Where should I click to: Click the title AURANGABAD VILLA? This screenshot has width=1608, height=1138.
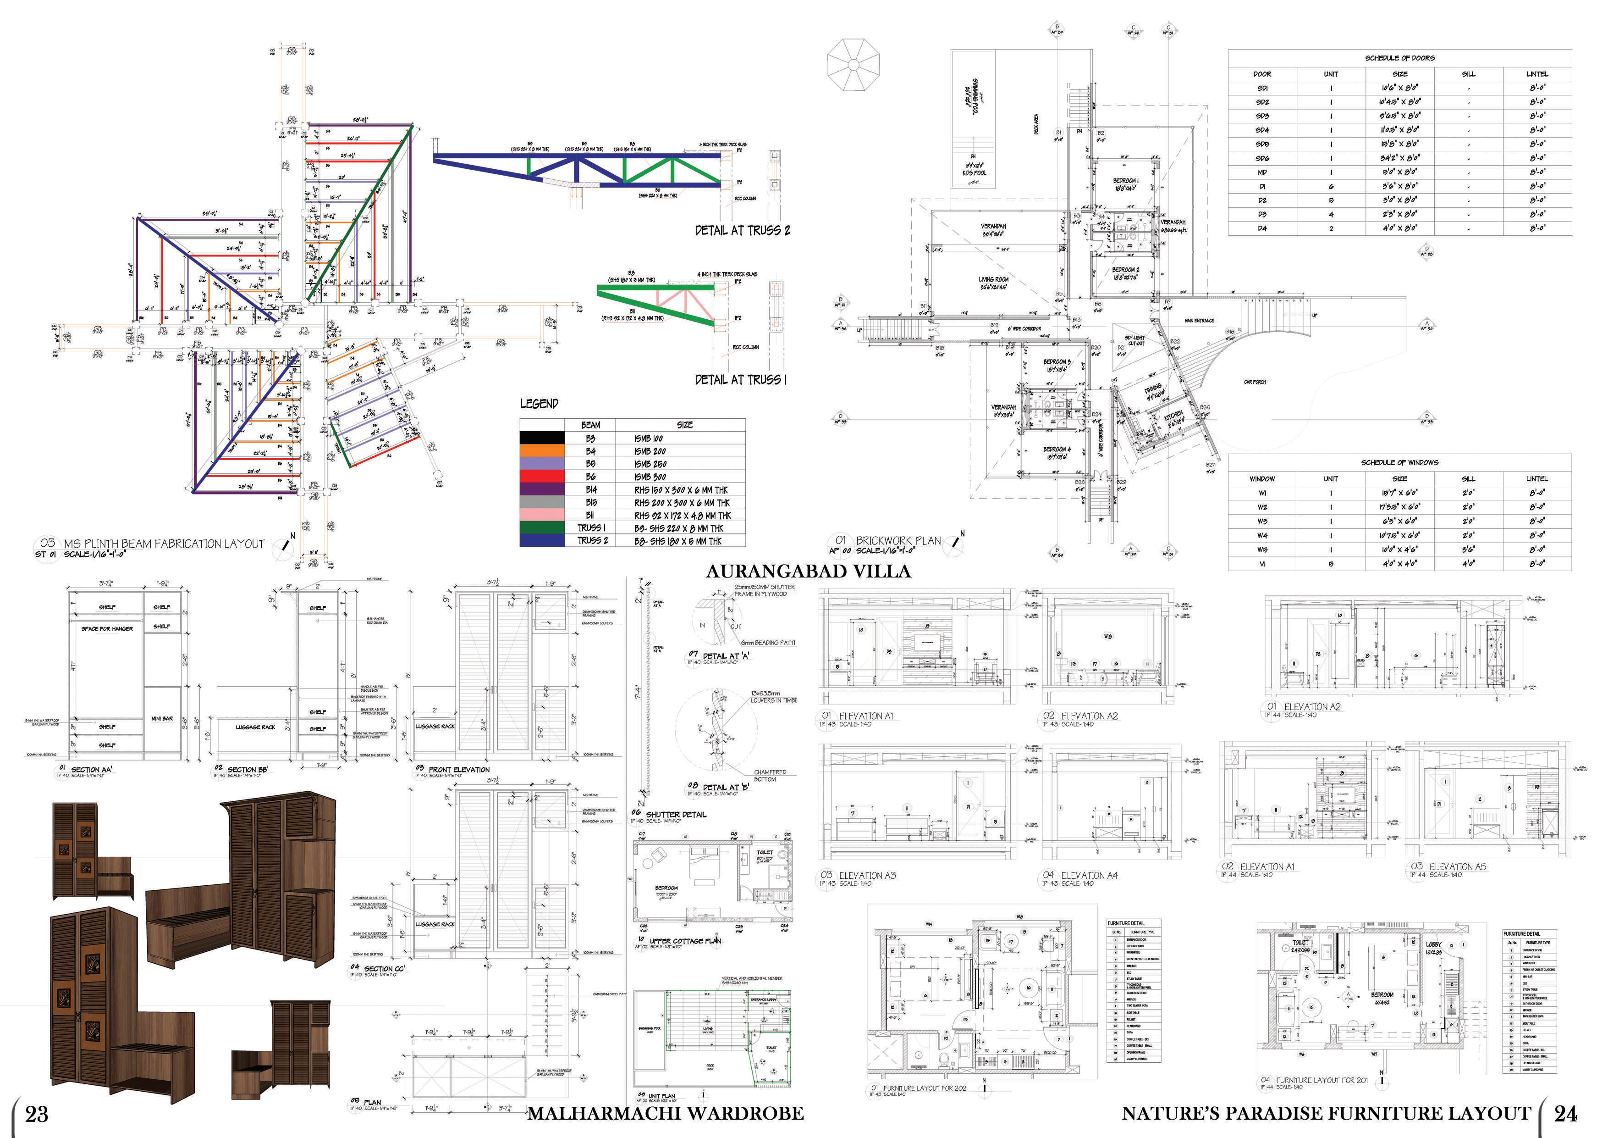(x=808, y=571)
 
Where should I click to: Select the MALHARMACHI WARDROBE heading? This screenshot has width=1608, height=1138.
(x=665, y=1113)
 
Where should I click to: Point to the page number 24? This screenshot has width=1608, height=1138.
(x=1565, y=1113)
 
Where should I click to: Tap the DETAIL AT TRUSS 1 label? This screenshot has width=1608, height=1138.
(x=741, y=380)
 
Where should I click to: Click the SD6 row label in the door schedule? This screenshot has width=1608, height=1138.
(x=1262, y=158)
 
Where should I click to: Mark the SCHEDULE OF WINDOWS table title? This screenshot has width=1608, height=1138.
(x=1399, y=462)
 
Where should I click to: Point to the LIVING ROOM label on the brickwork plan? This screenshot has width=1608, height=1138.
(x=993, y=280)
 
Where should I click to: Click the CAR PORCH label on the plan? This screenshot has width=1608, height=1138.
(x=1254, y=382)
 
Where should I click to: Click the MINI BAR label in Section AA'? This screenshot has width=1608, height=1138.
(x=162, y=719)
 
